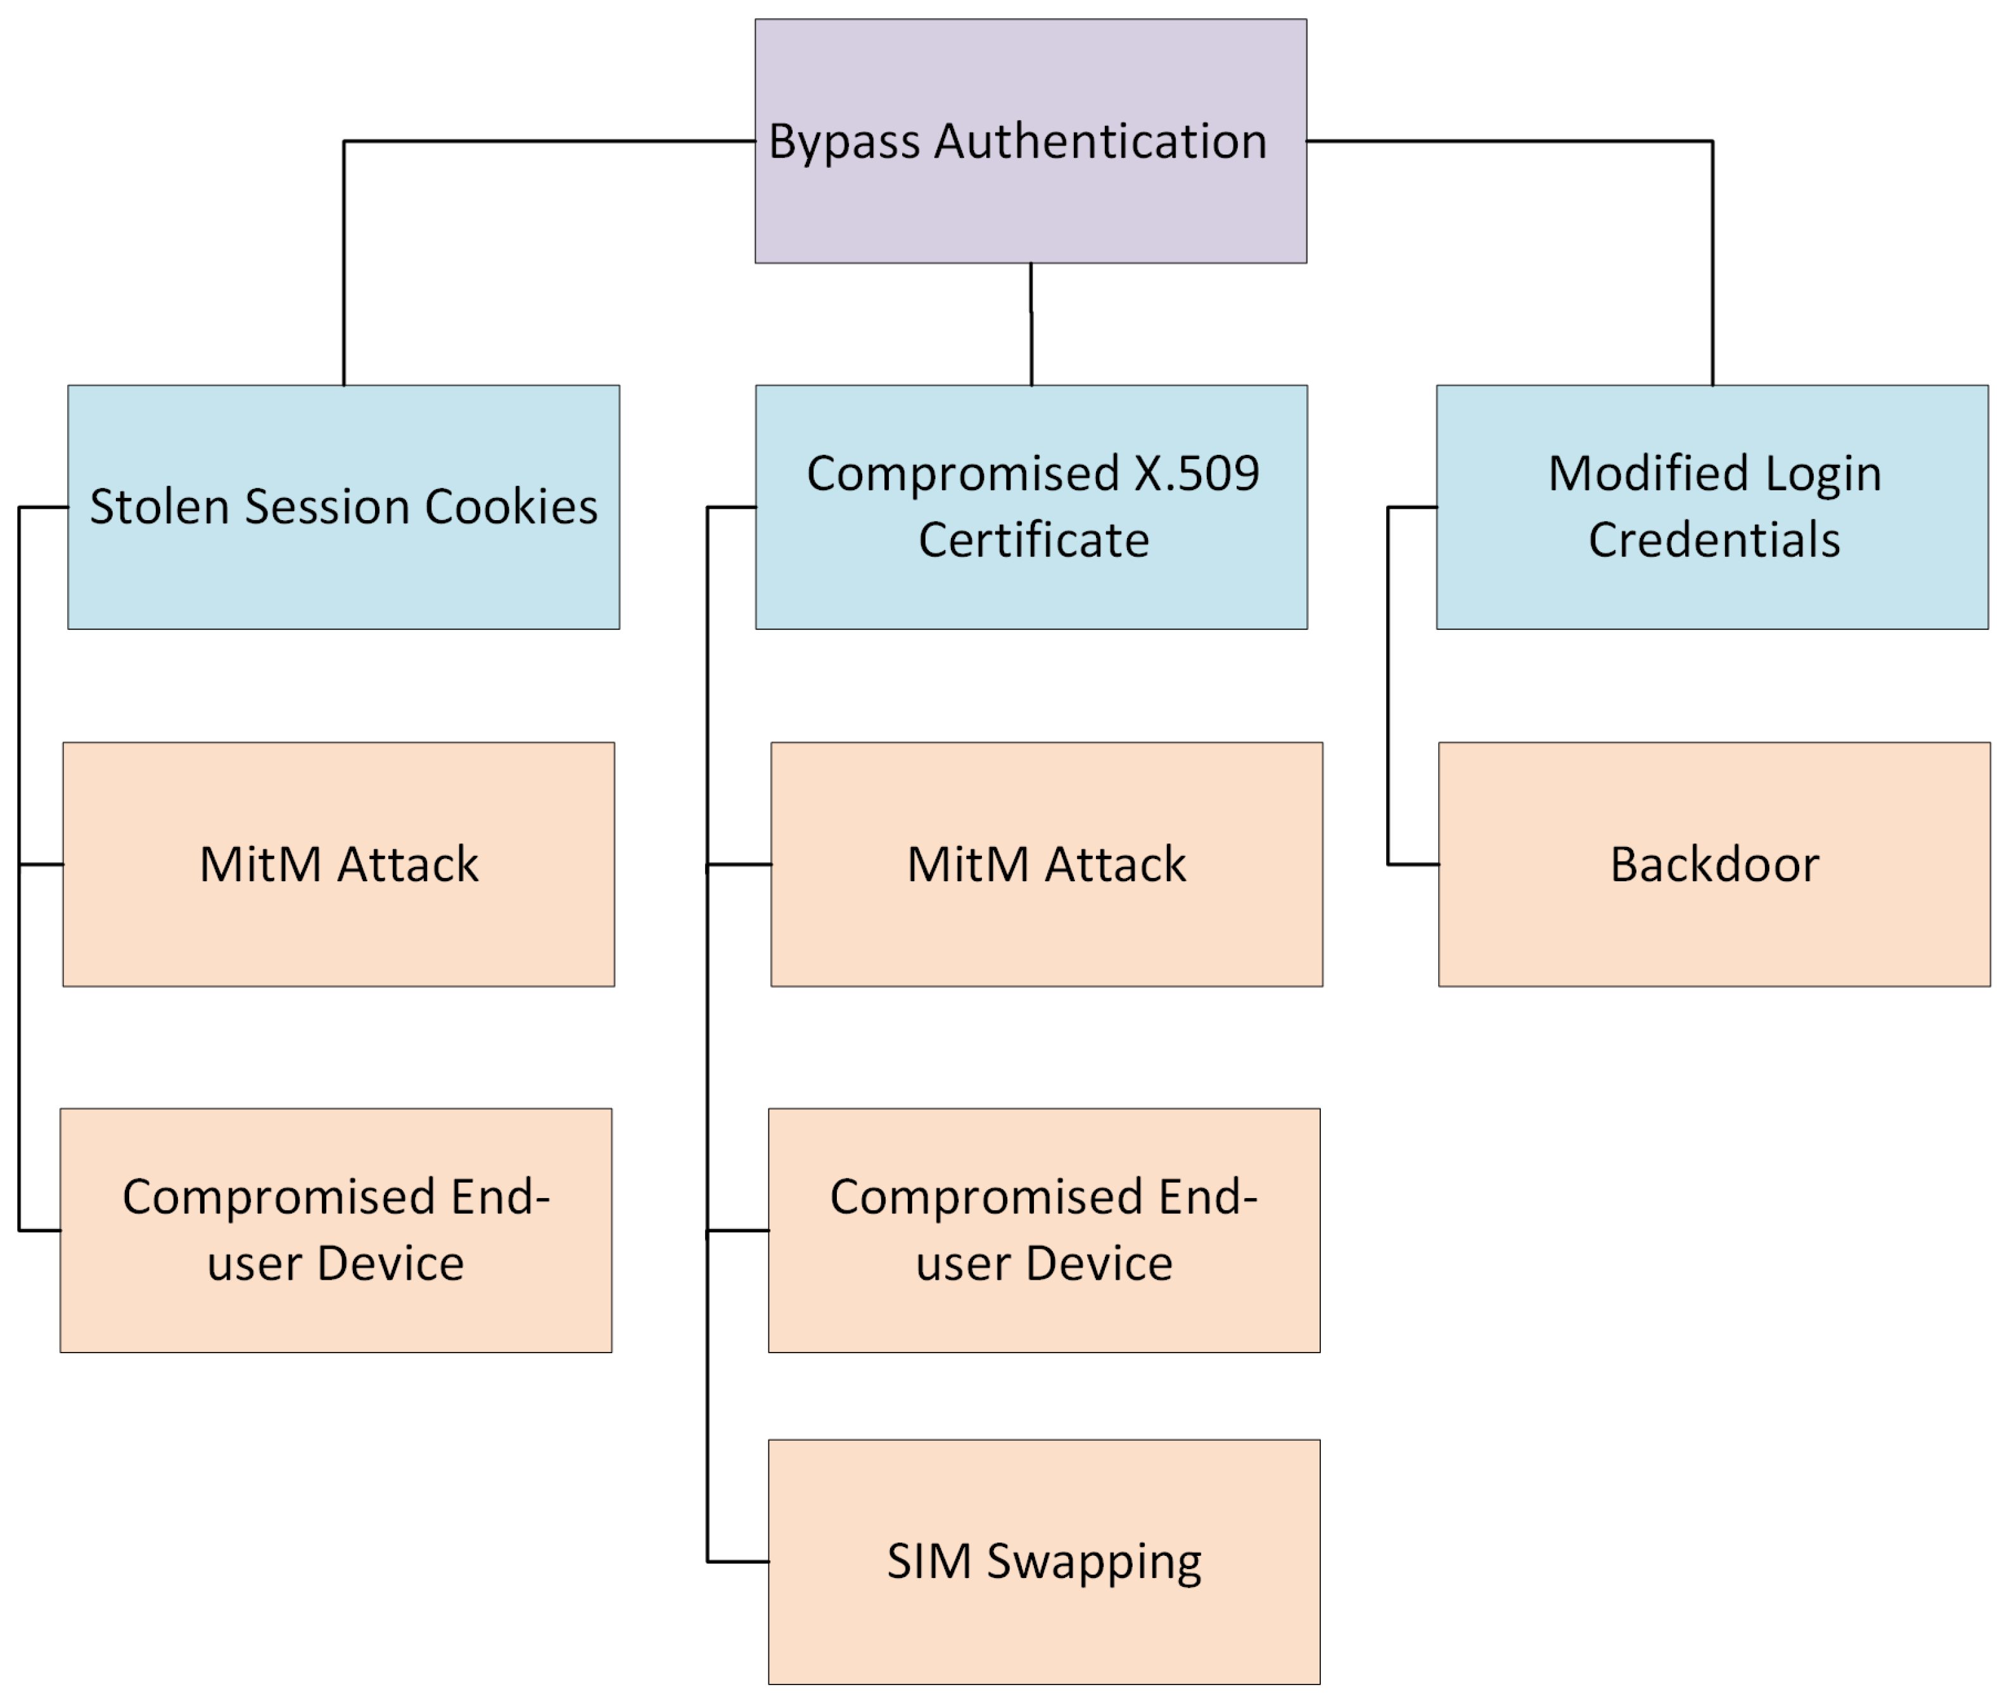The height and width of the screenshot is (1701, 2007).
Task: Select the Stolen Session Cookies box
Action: coord(343,578)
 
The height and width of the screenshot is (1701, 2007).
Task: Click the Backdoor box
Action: coord(1714,926)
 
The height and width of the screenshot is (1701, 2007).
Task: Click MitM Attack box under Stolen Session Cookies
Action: coord(338,926)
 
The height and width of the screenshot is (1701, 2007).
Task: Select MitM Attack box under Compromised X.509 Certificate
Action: coord(1047,926)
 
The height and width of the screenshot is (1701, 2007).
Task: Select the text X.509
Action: coord(1197,473)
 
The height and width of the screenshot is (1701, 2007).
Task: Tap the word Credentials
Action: coord(1714,540)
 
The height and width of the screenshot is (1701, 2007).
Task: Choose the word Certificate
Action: coord(1033,540)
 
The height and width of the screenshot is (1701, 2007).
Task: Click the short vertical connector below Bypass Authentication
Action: coord(1031,324)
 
